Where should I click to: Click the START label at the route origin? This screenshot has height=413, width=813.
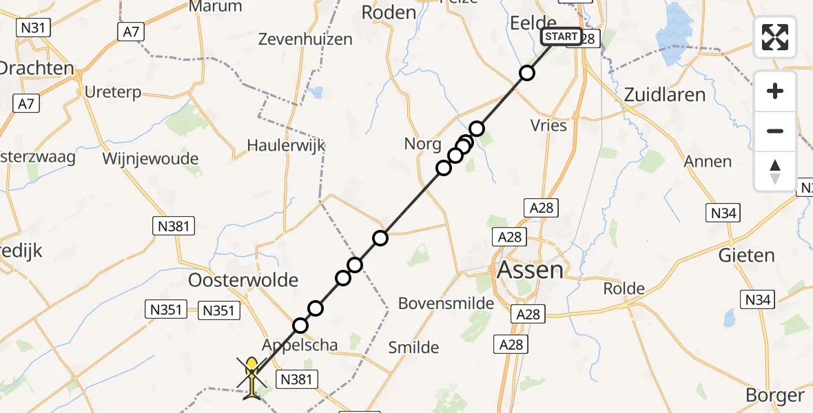tap(562, 36)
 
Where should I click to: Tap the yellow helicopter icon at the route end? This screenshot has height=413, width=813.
tap(252, 375)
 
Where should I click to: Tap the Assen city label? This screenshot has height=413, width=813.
tap(530, 269)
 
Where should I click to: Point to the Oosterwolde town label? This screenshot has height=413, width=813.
tap(243, 280)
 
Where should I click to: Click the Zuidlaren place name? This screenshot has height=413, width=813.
tap(664, 95)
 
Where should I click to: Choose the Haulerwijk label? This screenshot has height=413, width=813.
tap(286, 145)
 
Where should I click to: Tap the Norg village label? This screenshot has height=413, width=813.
tap(423, 144)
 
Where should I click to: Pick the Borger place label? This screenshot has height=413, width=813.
tap(775, 395)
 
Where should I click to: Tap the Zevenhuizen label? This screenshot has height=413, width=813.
tap(305, 39)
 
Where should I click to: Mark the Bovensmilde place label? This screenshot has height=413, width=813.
tap(446, 304)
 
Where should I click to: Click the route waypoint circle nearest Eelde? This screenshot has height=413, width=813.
tap(527, 73)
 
